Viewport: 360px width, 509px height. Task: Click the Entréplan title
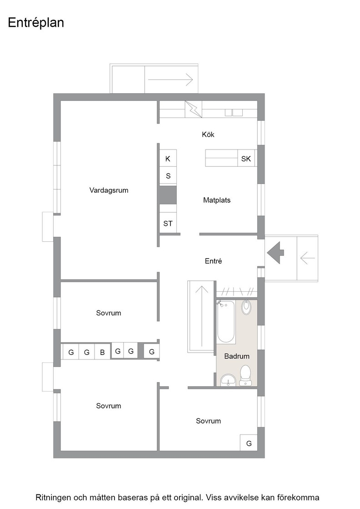(x=36, y=23)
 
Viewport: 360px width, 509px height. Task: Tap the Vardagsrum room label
(x=109, y=190)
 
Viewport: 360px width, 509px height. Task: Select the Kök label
(x=208, y=135)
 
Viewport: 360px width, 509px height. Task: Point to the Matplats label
(x=217, y=200)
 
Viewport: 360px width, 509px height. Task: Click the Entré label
(x=213, y=261)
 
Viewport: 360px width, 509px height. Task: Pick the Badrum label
(x=237, y=356)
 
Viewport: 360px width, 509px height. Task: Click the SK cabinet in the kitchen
(x=246, y=159)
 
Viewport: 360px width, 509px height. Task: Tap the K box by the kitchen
(x=168, y=159)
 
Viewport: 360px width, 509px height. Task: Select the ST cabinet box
(x=168, y=223)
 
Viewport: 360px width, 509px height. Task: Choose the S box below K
(x=168, y=176)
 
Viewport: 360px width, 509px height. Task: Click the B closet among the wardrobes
(x=102, y=352)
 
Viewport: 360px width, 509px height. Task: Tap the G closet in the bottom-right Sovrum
(x=249, y=443)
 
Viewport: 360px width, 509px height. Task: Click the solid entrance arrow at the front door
(x=275, y=252)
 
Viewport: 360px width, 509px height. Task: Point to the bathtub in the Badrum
(x=226, y=322)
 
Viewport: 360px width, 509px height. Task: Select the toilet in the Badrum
(x=245, y=375)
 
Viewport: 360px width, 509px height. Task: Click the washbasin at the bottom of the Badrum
(x=229, y=380)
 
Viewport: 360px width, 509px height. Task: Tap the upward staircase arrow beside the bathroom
(x=201, y=316)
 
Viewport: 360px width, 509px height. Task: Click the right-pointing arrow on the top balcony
(x=170, y=79)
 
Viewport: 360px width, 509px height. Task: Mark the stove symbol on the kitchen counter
(x=193, y=109)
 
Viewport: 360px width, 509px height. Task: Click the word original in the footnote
(x=188, y=498)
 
